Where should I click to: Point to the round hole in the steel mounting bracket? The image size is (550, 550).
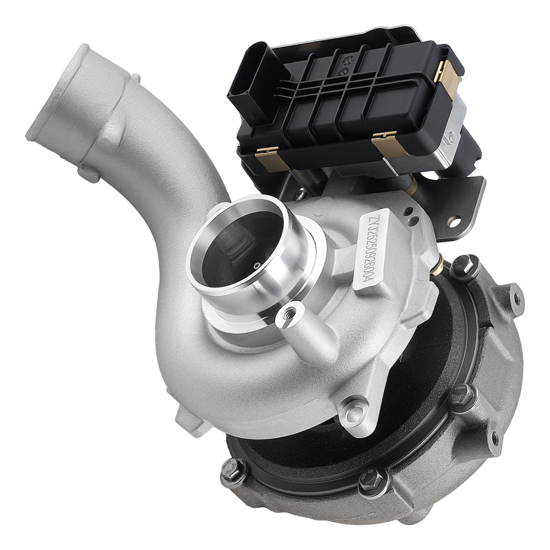(454, 222)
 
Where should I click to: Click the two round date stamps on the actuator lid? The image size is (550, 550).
(347, 66)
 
